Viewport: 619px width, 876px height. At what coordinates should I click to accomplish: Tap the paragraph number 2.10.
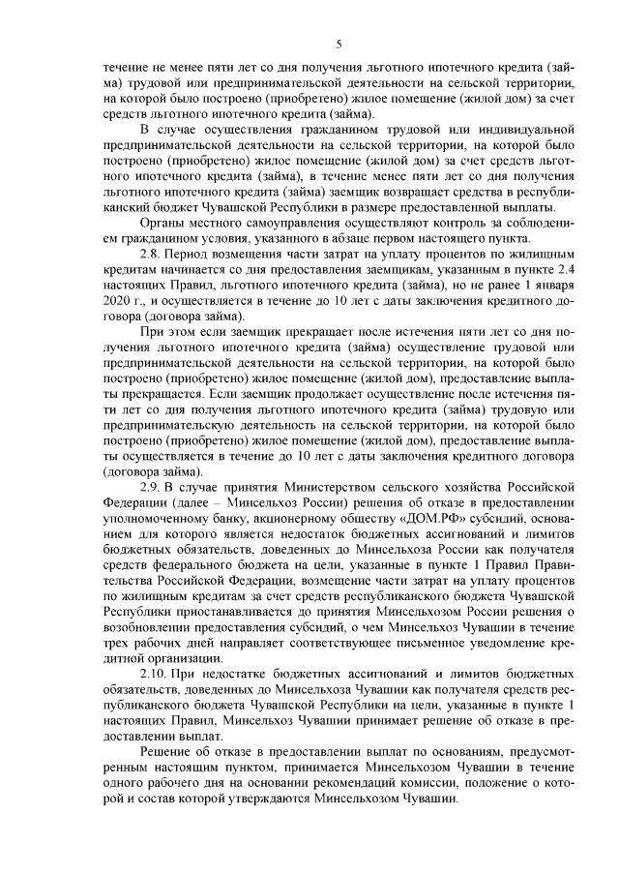point(154,670)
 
